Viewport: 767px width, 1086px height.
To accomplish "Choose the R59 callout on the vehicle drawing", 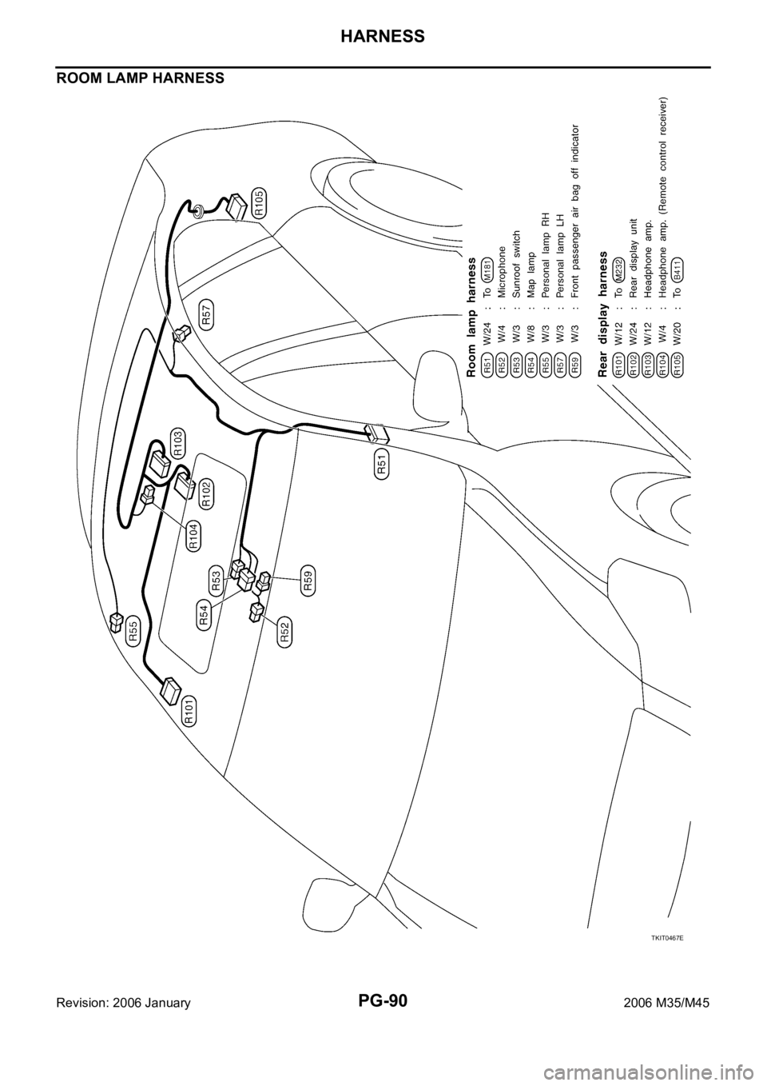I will click(308, 576).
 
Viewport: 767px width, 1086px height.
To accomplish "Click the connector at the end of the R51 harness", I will click(376, 433).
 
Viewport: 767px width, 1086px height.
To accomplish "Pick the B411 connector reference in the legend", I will click(676, 272).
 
